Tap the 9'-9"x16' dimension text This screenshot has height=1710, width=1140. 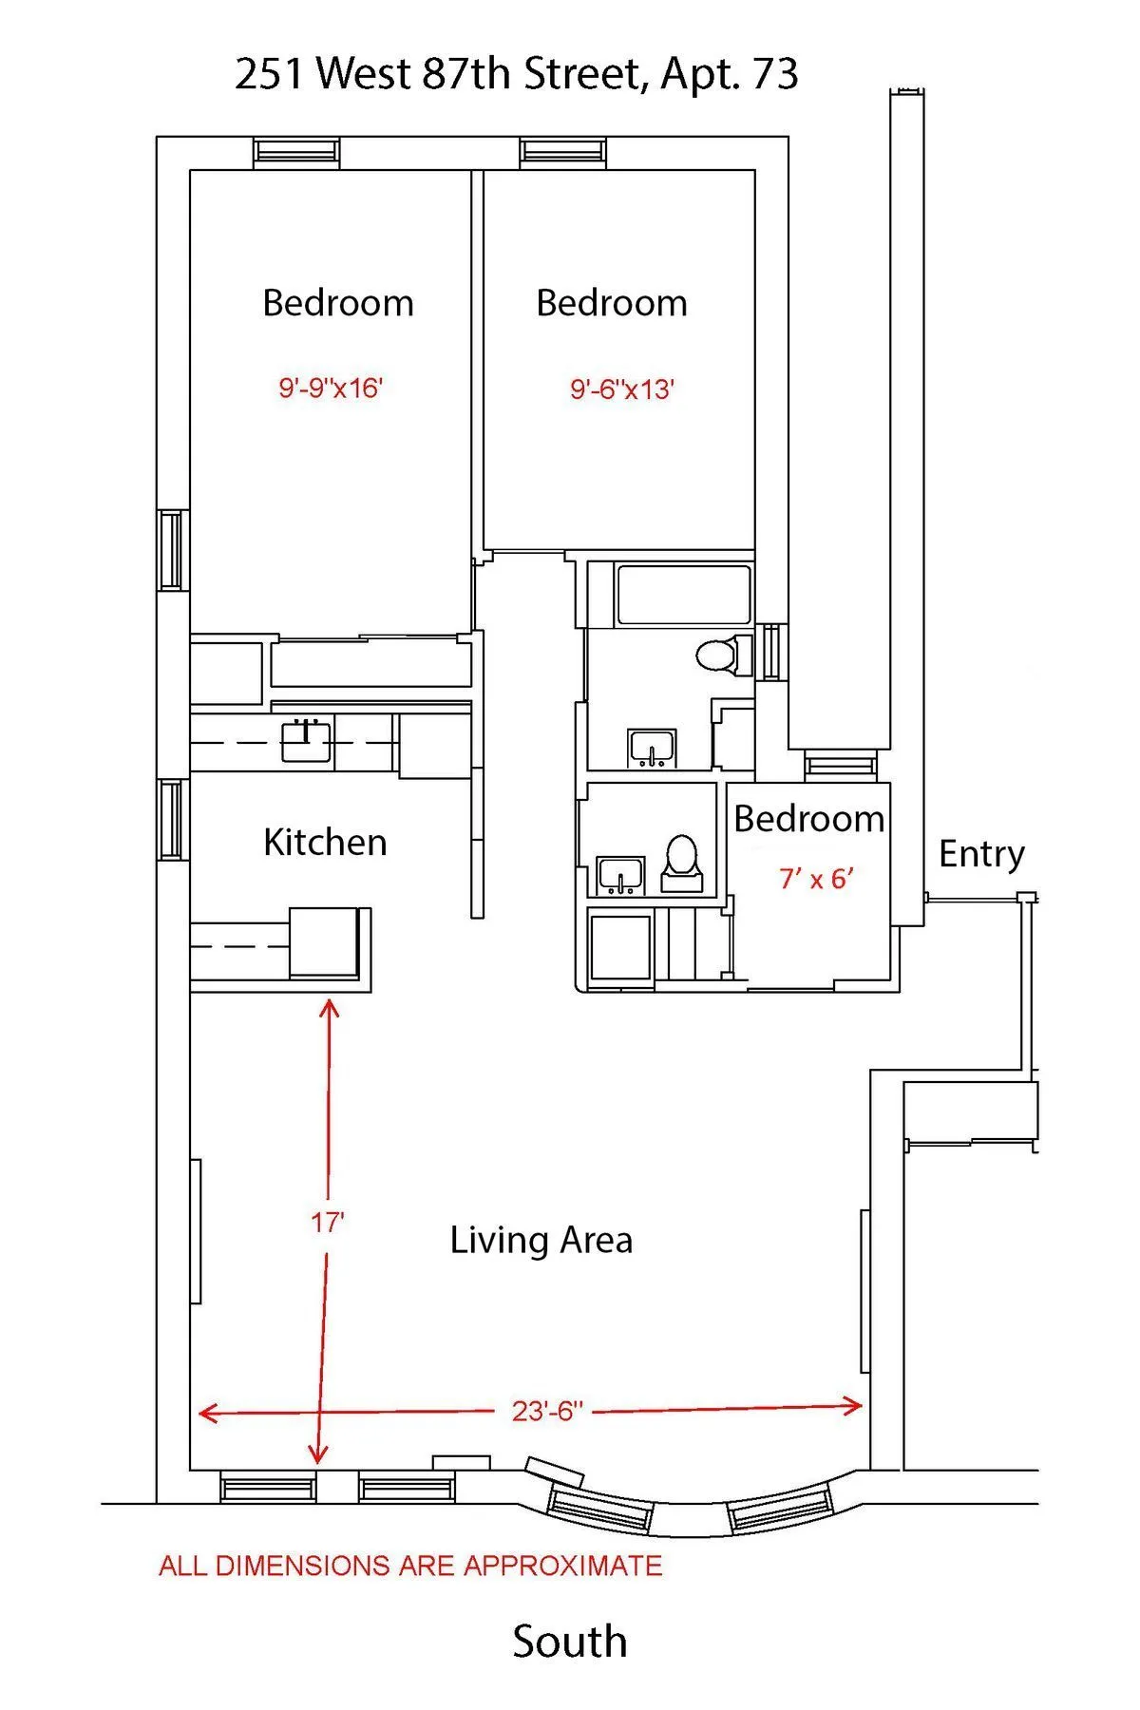331,388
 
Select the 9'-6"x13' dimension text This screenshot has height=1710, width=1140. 622,389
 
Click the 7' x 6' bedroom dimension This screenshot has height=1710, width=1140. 816,879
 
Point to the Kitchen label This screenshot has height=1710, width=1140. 325,843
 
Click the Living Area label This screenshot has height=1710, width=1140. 541,1240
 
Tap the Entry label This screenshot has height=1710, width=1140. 981,853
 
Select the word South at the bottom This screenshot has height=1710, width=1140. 570,1642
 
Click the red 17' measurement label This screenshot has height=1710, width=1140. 327,1223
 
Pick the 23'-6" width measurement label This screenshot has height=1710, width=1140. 546,1411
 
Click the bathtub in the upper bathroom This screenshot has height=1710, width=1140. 684,595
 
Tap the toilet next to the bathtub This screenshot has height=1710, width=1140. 719,655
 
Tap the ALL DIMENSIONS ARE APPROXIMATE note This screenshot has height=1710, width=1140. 410,1566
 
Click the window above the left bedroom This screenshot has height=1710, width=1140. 296,152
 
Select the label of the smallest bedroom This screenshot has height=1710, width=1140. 808,819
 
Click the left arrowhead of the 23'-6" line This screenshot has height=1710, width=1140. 203,1414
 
